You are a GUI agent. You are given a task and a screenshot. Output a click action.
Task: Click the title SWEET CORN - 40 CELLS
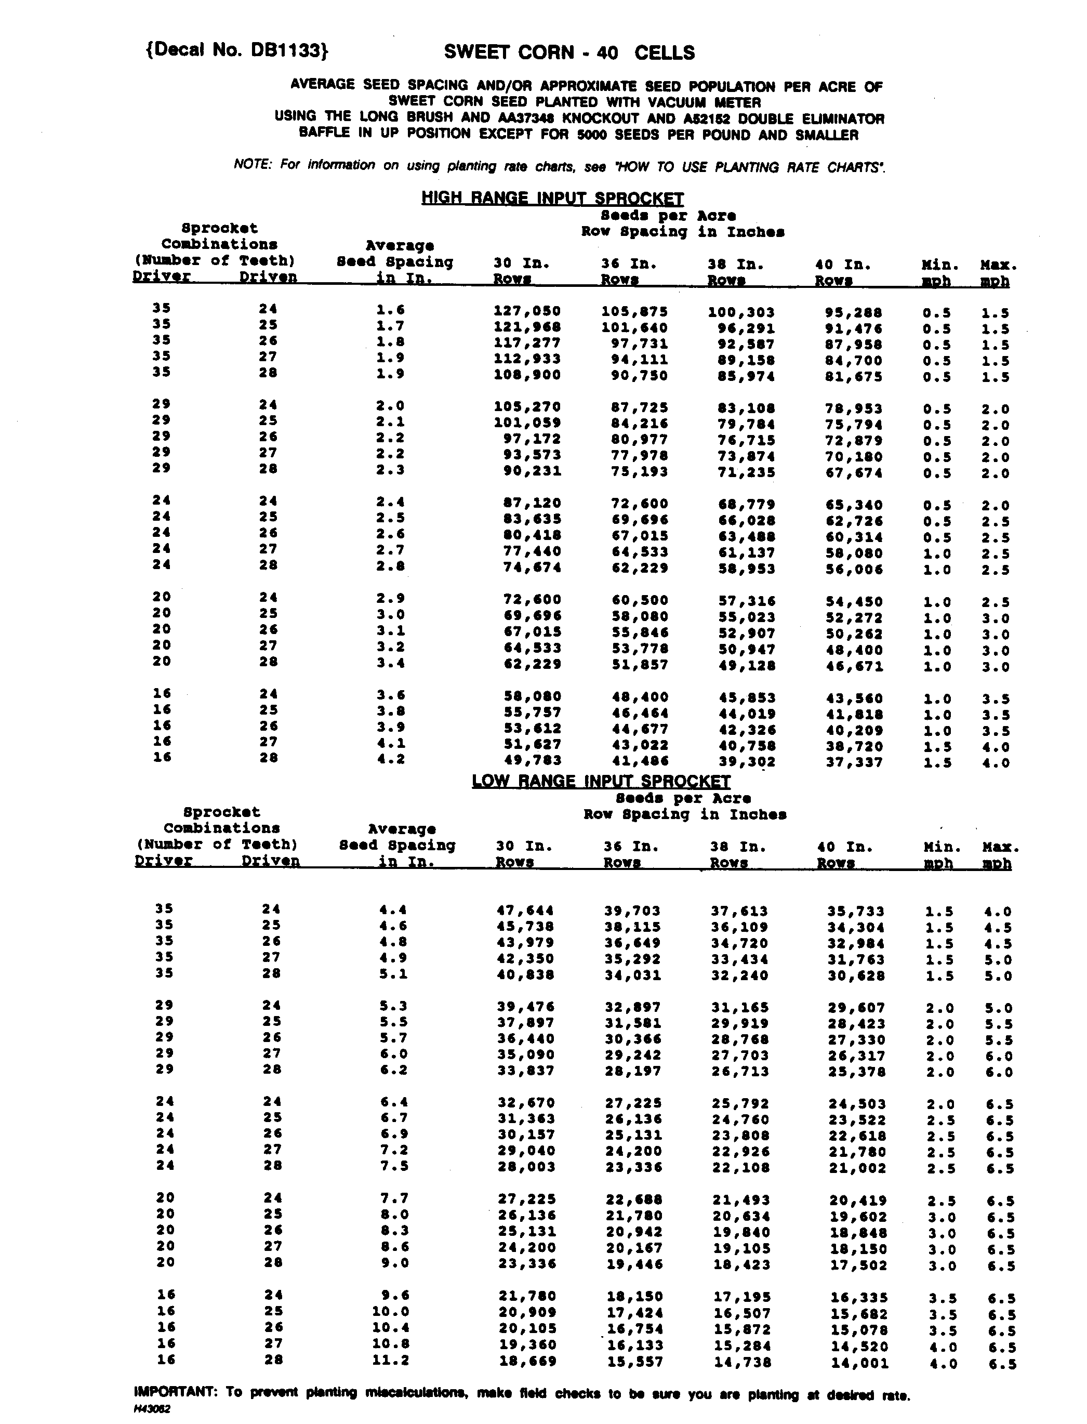coord(569,52)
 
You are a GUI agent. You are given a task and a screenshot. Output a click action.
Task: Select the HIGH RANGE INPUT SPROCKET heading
coord(552,198)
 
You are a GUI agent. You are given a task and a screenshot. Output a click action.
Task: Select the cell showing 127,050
coord(527,311)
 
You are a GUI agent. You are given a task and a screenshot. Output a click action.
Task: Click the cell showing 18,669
coord(527,1361)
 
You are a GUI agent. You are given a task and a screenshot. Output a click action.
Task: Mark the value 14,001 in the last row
coord(859,1363)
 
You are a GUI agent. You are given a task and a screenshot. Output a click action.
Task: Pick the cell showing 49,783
coord(532,760)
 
